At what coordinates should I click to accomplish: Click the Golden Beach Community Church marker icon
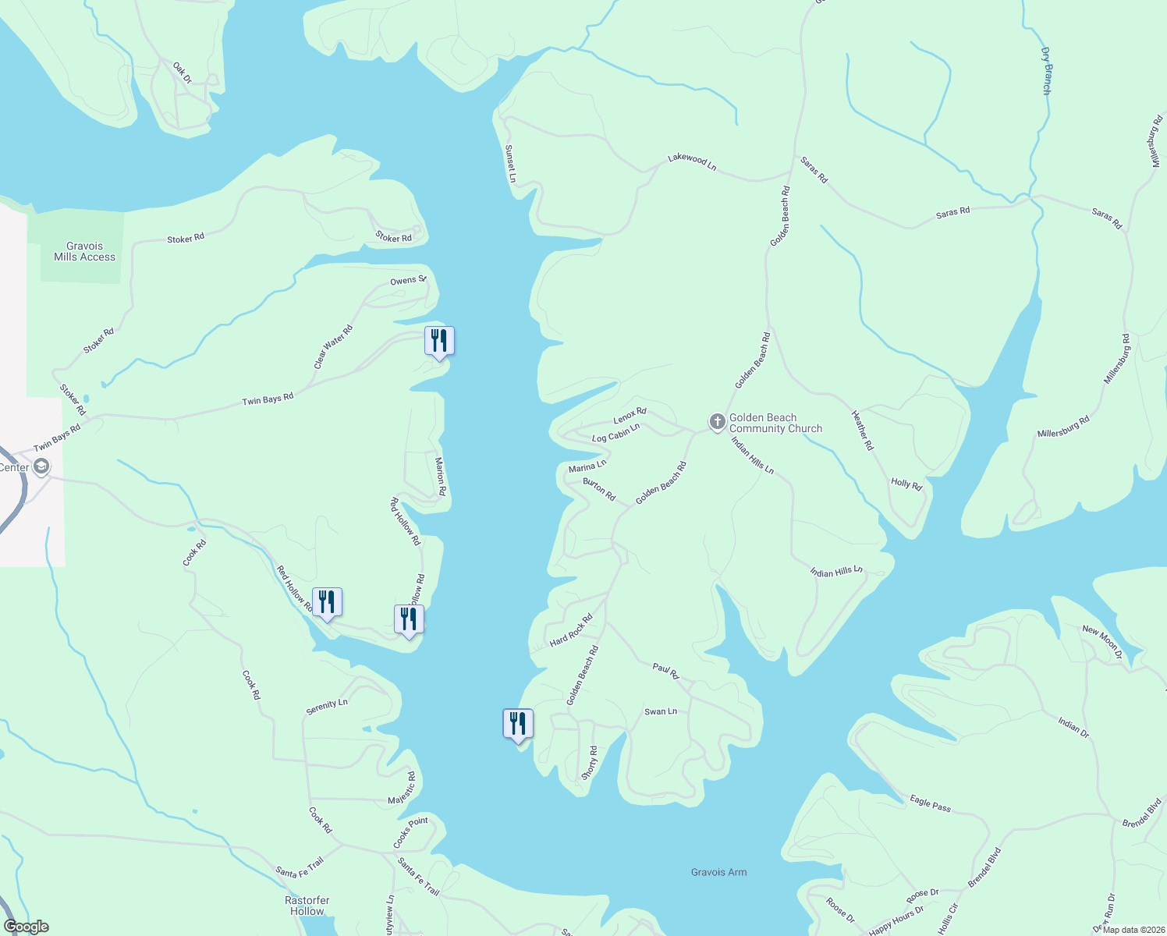(717, 423)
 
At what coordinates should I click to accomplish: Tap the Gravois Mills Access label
(84, 251)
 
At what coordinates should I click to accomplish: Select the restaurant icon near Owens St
(439, 341)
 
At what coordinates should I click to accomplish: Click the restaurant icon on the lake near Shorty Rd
(517, 724)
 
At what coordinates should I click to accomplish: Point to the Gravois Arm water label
(718, 872)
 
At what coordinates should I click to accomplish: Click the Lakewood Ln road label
(692, 161)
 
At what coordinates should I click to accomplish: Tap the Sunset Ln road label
(510, 164)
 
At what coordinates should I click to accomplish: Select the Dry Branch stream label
(1046, 71)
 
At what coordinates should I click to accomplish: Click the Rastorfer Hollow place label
(307, 906)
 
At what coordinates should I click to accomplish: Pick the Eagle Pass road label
(930, 803)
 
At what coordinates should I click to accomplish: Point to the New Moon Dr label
(1101, 641)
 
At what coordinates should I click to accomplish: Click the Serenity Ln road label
(327, 707)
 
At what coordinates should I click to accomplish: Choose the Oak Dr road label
(182, 73)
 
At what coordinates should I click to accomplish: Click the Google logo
(27, 927)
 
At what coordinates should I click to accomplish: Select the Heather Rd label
(862, 431)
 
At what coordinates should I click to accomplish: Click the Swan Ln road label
(660, 711)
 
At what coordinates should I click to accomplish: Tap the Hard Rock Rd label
(571, 630)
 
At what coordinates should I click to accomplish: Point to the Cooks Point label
(410, 832)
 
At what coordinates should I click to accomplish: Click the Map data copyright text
(1132, 930)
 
